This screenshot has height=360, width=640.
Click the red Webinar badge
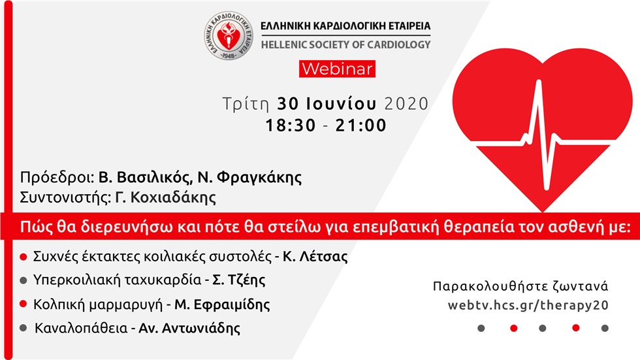click(337, 68)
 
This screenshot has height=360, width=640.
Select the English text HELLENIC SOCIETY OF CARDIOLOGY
click(345, 44)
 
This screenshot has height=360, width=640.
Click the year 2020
click(406, 104)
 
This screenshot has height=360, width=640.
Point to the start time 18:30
click(290, 125)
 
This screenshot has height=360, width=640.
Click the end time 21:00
click(361, 125)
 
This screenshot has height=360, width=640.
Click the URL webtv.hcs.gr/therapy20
click(528, 305)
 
